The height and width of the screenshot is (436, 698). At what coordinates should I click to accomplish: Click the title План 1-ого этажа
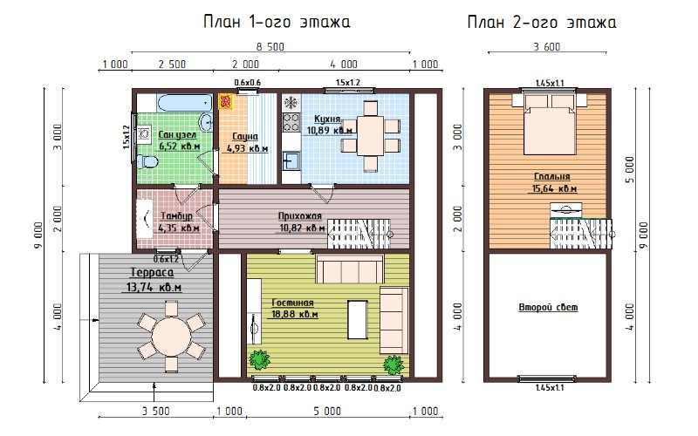click(277, 21)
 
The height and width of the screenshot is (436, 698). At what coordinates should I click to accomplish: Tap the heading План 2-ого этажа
click(542, 21)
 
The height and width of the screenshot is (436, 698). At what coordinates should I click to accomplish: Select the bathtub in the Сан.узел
click(184, 103)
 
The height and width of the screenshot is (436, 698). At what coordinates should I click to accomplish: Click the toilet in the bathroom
click(147, 161)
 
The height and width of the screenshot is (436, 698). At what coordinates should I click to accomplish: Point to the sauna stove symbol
click(226, 101)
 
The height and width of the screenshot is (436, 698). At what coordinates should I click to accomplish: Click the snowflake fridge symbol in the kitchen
click(291, 103)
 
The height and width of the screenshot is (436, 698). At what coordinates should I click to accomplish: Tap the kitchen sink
click(291, 160)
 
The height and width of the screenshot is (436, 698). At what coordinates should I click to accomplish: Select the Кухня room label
click(327, 119)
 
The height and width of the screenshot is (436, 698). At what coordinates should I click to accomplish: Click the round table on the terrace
click(171, 337)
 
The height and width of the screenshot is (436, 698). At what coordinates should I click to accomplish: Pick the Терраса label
click(152, 272)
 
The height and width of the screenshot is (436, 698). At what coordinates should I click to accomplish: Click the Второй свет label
click(549, 308)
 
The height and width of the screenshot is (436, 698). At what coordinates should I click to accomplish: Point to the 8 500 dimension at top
click(270, 46)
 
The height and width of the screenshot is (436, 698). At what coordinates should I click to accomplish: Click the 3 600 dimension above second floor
click(547, 46)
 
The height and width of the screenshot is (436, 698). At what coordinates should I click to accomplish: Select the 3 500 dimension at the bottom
click(156, 411)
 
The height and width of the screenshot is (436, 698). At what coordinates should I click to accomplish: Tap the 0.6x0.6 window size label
click(248, 82)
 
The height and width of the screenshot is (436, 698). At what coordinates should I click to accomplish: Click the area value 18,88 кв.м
click(295, 314)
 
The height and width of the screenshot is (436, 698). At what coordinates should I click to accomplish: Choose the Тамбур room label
click(177, 215)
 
